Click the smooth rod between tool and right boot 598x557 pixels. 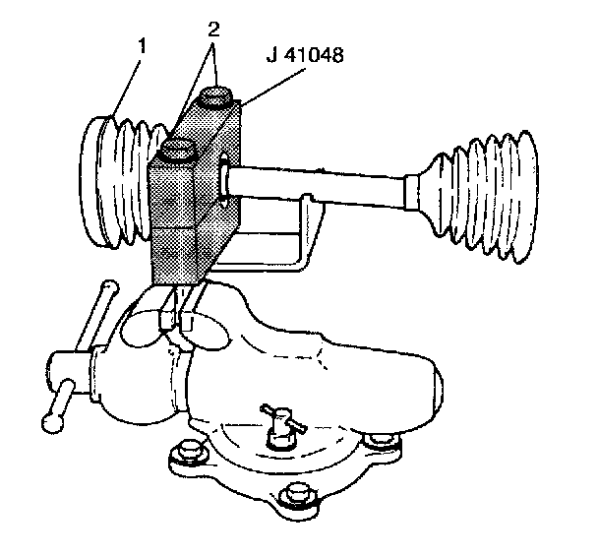pos(325,186)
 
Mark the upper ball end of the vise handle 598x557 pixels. pos(107,287)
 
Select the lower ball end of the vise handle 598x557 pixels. pos(51,422)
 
